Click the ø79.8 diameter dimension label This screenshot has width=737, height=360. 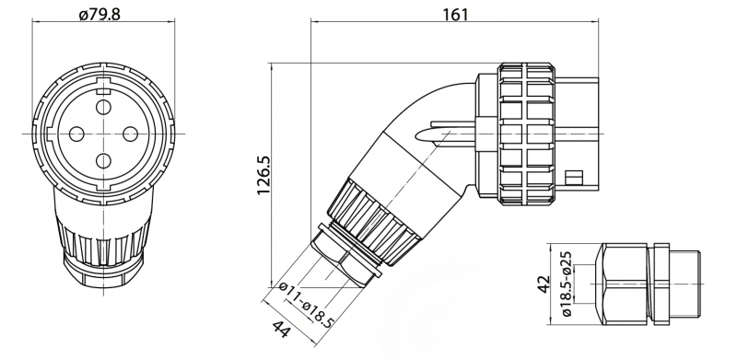click(99, 14)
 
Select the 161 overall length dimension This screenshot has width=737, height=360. click(455, 15)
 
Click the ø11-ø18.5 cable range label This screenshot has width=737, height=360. click(307, 305)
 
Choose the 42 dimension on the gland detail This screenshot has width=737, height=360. click(544, 284)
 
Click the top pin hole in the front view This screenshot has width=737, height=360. click(103, 107)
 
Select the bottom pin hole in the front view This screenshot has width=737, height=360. click(103, 161)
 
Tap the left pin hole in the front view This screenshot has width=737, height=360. click(76, 134)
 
